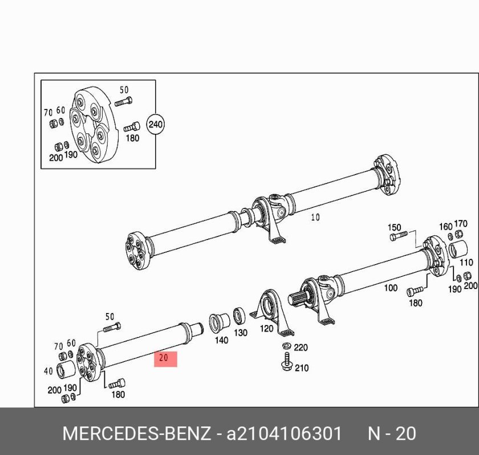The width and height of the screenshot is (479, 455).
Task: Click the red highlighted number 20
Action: coord(165,359)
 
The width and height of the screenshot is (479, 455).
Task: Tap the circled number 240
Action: coord(156,125)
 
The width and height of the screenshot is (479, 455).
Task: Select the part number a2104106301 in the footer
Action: coord(283,433)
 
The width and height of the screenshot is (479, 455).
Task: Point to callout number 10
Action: coord(315,217)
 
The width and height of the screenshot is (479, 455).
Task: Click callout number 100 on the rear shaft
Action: coord(391,288)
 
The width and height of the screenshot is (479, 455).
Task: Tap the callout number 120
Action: coord(266,329)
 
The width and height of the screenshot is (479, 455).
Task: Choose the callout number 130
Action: coord(241,332)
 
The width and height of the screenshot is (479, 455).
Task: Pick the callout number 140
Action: coord(221,340)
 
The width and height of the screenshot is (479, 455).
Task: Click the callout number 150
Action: coord(394,227)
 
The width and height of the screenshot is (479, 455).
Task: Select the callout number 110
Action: coord(466,262)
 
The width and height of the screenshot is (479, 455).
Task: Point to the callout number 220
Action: coord(301,347)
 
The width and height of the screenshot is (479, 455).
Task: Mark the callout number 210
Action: coord(302,368)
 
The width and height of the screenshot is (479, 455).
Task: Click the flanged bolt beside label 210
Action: coord(286,362)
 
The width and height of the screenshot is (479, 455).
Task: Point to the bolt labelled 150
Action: coord(399,235)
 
